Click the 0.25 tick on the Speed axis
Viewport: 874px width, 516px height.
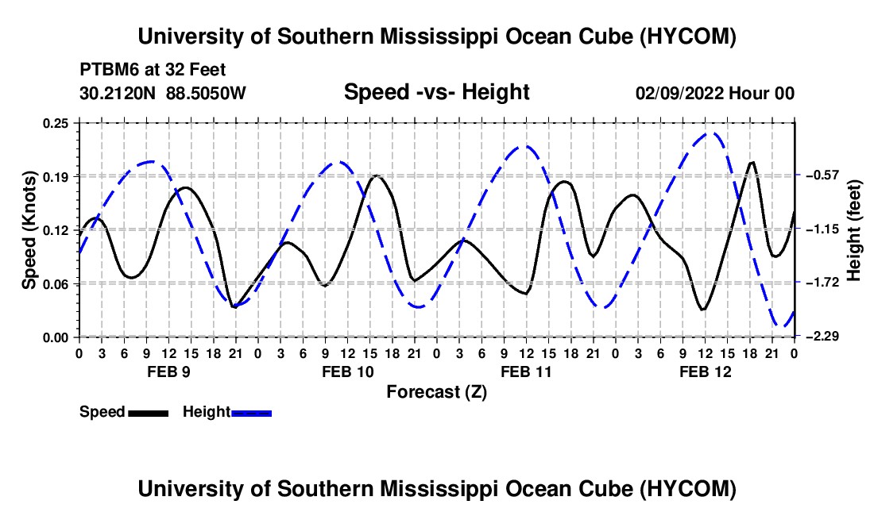pos(56,123)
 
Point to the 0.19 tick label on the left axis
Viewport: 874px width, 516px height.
pos(56,177)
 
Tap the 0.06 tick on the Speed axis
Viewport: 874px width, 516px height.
pos(56,284)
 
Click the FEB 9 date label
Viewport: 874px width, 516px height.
pos(169,372)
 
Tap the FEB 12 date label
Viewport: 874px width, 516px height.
pos(705,372)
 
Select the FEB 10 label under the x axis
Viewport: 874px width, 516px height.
pos(348,372)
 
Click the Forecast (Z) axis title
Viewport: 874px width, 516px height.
pos(436,392)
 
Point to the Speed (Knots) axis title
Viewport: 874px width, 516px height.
pos(29,230)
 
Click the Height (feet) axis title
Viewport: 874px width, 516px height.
pos(854,230)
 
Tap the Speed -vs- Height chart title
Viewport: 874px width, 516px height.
pos(436,92)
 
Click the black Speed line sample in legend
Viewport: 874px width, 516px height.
pos(149,413)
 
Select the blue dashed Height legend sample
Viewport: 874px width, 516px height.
pos(251,413)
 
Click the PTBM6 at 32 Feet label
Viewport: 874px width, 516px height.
pos(153,70)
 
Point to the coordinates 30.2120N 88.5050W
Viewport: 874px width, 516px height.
pos(162,93)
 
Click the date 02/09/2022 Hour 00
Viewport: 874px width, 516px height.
pos(715,93)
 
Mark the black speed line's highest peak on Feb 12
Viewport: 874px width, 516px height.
pos(752,162)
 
